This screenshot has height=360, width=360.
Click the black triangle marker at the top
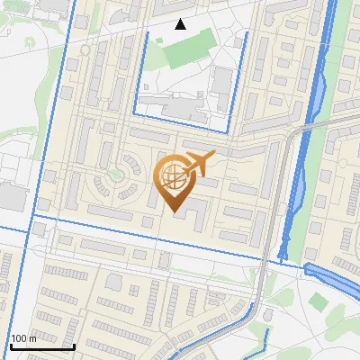[181, 24]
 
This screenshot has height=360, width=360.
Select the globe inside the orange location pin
[173, 176]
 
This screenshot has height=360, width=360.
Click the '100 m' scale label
[23, 338]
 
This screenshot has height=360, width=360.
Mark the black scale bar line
[41, 346]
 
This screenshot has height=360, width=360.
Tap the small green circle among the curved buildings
[114, 174]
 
